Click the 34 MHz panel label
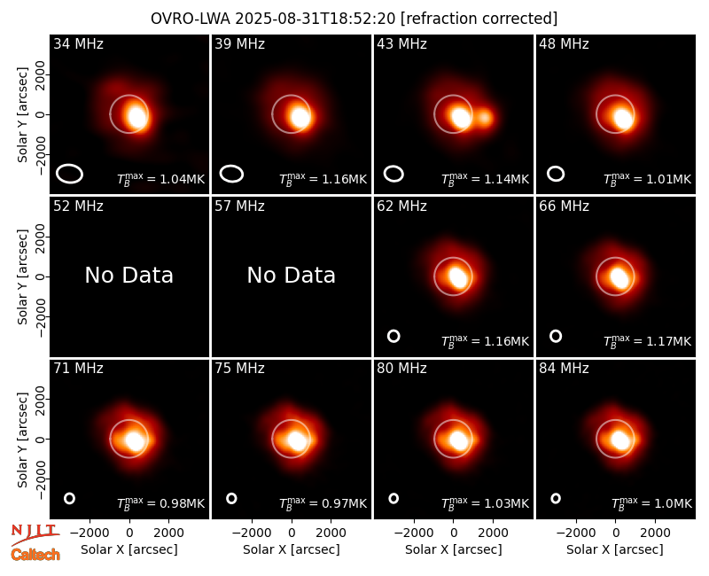(78, 43)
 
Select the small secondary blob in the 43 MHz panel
(484, 118)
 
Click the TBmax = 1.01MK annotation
(647, 179)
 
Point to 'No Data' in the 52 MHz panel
(129, 275)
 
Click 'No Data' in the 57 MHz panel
(292, 275)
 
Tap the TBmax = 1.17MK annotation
(647, 341)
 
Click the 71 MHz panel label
(78, 368)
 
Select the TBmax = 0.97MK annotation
(323, 503)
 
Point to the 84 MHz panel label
(564, 368)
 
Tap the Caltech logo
(35, 555)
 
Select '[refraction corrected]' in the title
(479, 19)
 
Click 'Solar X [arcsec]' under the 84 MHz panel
(615, 549)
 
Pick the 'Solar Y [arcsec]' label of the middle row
(22, 276)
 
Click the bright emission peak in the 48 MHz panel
(624, 119)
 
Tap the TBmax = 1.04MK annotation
(161, 179)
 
